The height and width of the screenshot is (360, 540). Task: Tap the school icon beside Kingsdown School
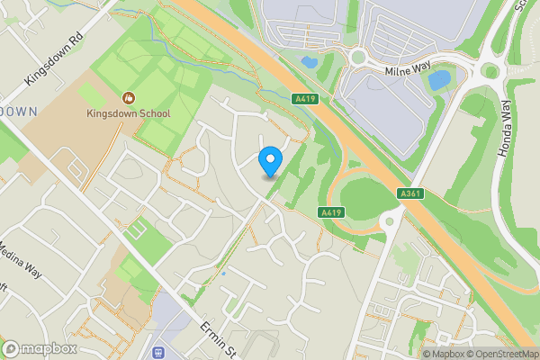click(129, 97)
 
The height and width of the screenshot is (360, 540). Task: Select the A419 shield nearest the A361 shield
click(331, 211)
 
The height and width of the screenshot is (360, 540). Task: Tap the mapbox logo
click(39, 348)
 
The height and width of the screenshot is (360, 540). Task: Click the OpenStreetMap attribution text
click(500, 353)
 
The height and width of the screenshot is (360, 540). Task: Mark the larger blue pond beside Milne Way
click(439, 80)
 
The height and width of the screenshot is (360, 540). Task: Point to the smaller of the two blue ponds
click(309, 63)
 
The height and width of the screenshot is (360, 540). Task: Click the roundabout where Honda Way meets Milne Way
click(490, 69)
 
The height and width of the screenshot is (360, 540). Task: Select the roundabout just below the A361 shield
click(390, 220)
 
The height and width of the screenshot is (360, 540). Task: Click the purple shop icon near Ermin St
click(159, 353)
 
